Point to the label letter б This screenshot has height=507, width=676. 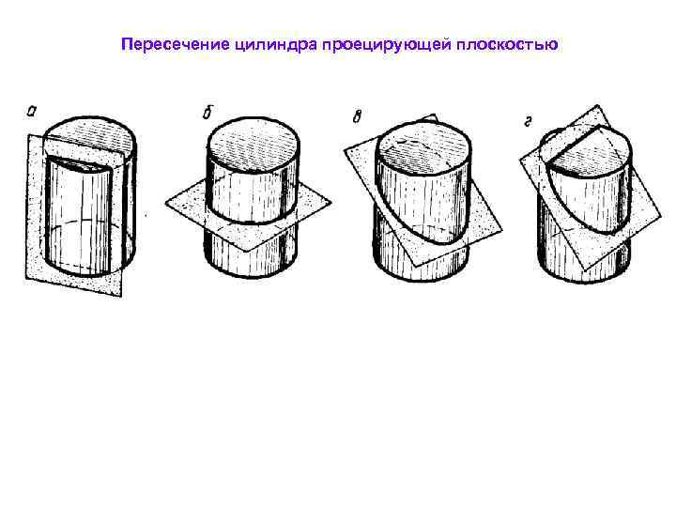[206, 114]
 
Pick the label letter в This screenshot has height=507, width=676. [357, 116]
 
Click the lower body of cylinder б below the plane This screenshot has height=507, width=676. [250, 249]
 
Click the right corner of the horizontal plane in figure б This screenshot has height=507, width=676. [331, 201]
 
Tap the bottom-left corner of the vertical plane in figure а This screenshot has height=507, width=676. [25, 277]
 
